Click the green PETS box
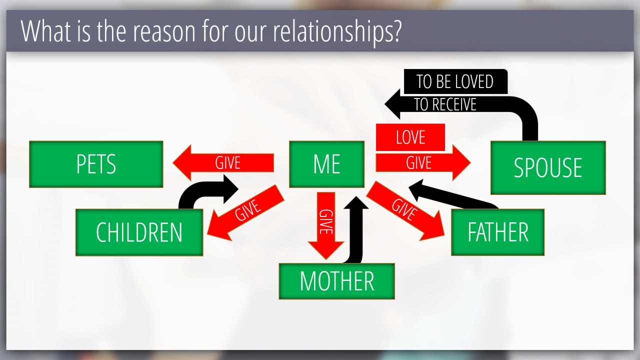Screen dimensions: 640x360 point(96,164)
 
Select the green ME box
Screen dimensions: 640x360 point(327,164)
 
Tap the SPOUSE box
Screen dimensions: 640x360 point(548,167)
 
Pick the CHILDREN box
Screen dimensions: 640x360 point(139,232)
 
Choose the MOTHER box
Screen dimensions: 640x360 point(337,281)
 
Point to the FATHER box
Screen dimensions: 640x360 point(497,232)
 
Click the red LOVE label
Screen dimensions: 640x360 point(410,137)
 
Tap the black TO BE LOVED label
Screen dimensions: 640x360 point(455,81)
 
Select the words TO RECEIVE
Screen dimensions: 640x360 point(445,104)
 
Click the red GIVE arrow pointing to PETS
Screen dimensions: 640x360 point(223,163)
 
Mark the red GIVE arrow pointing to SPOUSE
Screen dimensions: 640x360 point(423,163)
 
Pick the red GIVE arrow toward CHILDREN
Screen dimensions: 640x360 point(245,213)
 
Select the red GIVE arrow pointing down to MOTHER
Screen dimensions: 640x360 point(326,225)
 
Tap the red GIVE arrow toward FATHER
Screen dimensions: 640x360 point(405,211)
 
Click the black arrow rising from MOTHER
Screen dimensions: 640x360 point(354,228)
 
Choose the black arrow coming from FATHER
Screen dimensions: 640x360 point(453,195)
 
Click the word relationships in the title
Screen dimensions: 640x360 point(337,31)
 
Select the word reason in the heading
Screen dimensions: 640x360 point(164,32)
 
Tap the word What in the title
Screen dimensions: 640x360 point(45,31)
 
